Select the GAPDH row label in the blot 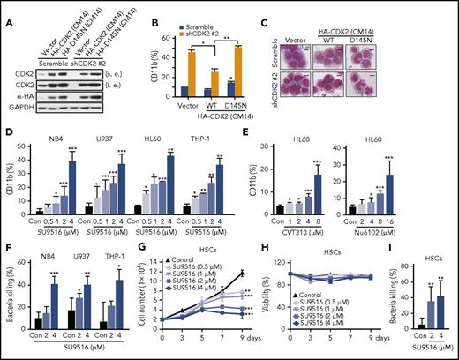20,113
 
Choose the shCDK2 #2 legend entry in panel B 195,20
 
